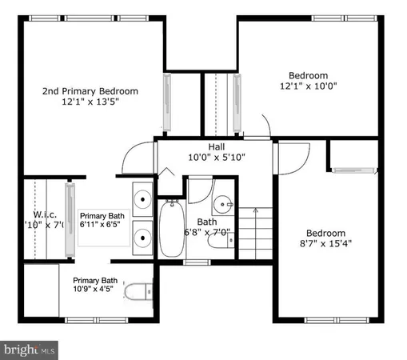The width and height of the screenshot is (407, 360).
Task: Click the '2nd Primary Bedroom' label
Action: [90, 90]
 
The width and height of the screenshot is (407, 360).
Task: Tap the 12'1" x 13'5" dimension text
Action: [90, 102]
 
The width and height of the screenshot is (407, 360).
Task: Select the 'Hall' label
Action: [216, 146]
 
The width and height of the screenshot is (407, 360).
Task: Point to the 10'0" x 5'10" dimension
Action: [216, 158]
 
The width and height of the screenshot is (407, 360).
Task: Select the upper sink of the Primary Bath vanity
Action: [142, 199]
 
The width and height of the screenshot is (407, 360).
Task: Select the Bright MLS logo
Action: [30, 350]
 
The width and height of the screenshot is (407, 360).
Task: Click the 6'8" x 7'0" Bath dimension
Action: [207, 233]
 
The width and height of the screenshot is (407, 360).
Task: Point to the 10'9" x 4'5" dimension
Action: [95, 290]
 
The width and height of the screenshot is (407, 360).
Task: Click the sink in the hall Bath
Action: [222, 202]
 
